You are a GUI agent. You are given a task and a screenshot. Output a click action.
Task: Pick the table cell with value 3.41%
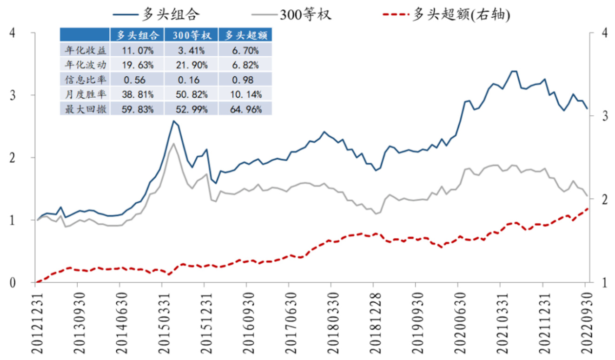click(192, 49)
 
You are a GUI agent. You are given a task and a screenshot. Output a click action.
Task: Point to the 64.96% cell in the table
click(245, 110)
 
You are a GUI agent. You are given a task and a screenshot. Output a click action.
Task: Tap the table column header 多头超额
click(245, 35)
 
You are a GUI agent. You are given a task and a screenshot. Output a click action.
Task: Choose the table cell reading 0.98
click(245, 79)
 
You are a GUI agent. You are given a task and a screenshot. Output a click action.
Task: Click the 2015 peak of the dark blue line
click(173, 121)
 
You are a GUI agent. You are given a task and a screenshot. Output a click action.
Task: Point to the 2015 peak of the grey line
click(173, 143)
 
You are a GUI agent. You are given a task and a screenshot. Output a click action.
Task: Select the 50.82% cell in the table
click(192, 94)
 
